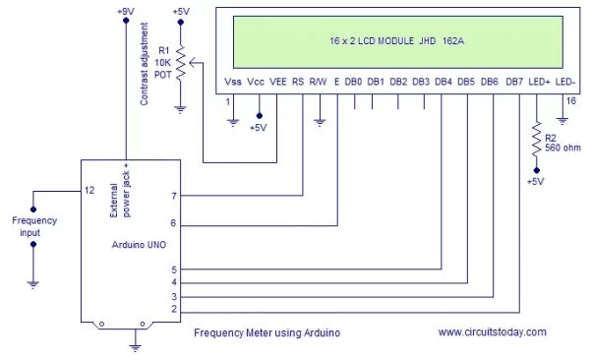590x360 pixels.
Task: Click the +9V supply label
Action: (125, 11)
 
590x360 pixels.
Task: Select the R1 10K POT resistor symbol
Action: (181, 65)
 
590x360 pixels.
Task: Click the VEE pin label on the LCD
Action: (279, 81)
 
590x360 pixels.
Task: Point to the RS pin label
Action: (298, 81)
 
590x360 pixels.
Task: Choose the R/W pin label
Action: (319, 81)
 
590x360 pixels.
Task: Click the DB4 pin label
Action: (443, 81)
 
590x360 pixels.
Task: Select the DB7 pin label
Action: (514, 81)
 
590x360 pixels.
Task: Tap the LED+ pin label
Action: (539, 81)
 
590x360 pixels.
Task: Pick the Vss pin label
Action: (233, 81)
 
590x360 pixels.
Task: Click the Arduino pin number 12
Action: (88, 190)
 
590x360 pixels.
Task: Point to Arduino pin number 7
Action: (173, 197)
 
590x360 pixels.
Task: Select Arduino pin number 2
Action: (173, 310)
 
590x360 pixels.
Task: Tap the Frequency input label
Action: (32, 226)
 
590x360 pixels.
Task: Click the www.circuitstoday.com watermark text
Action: (492, 332)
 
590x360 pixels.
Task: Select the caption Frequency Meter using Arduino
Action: (266, 333)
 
